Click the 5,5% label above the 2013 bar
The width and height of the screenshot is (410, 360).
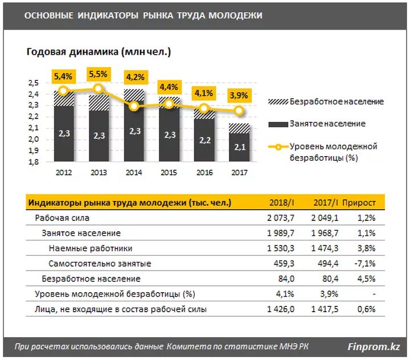(x=99, y=74)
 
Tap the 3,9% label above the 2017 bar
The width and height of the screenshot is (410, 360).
(x=239, y=95)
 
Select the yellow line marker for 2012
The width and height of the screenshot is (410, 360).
(x=63, y=91)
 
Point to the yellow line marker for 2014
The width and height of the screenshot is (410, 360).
(x=134, y=106)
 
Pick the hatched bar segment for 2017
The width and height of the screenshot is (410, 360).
(x=239, y=128)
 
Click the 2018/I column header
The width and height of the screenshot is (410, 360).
(x=282, y=202)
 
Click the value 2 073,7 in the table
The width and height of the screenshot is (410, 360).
(x=281, y=218)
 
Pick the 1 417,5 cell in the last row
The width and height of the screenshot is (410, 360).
(x=325, y=309)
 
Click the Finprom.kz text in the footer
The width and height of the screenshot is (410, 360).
(x=374, y=346)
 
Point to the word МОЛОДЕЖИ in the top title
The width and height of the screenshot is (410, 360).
(x=235, y=15)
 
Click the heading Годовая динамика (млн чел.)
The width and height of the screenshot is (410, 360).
(x=99, y=52)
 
